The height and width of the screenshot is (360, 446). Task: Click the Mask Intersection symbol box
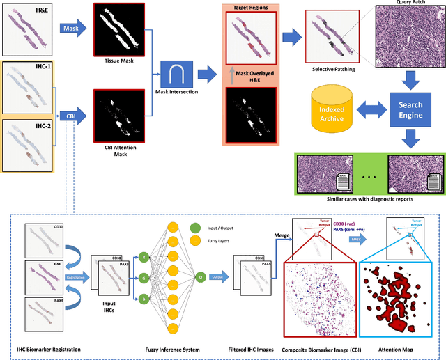tap(176, 74)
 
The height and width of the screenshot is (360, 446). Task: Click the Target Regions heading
tap(250, 8)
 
